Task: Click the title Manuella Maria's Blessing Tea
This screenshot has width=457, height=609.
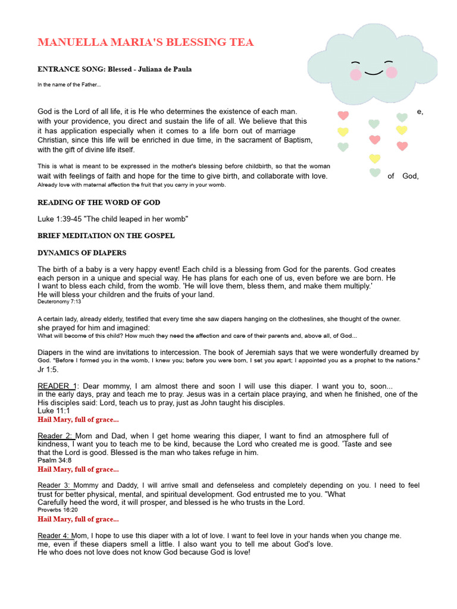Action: point(146,42)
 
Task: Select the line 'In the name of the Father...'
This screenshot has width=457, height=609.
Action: point(69,84)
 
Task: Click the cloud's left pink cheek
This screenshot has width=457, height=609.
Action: point(356,75)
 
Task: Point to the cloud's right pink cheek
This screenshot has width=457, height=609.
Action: point(391,73)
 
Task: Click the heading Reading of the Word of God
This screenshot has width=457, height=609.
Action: point(99,203)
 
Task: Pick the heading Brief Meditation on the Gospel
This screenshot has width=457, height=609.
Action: point(106,236)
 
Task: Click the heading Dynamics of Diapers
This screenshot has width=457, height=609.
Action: point(82,253)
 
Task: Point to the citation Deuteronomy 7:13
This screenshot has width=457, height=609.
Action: point(59,302)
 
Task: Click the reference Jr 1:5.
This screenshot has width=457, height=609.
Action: point(48,369)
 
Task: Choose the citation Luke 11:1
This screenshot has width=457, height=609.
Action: point(54,410)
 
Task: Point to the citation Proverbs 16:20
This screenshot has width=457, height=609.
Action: point(58,510)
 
